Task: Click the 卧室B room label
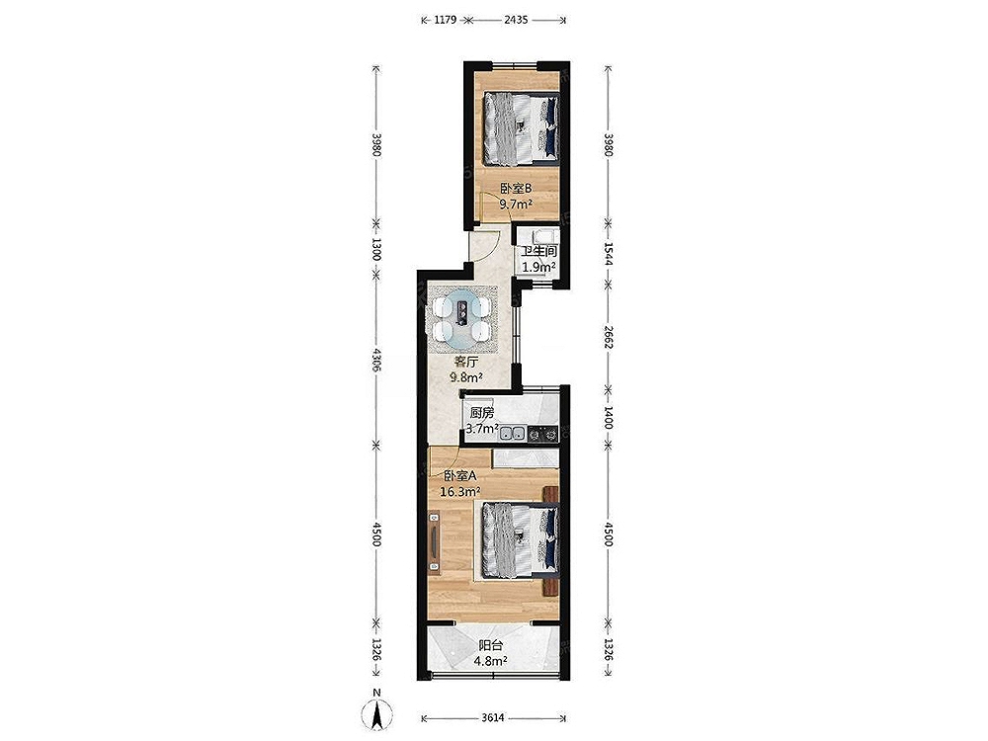coord(517,188)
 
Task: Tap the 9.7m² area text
coord(517,205)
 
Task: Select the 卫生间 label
coord(538,251)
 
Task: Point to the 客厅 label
coord(466,363)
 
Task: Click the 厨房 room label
coord(482,413)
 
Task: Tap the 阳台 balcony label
coord(491,645)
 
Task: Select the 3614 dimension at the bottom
coord(493,717)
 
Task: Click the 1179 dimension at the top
coord(445,20)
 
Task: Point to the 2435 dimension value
coord(516,20)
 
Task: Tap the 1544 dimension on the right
coord(608,252)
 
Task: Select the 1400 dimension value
coord(608,417)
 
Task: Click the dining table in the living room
coord(462,320)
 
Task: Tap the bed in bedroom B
coord(521,128)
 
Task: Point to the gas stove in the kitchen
coord(542,434)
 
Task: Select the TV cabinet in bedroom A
coord(434,542)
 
